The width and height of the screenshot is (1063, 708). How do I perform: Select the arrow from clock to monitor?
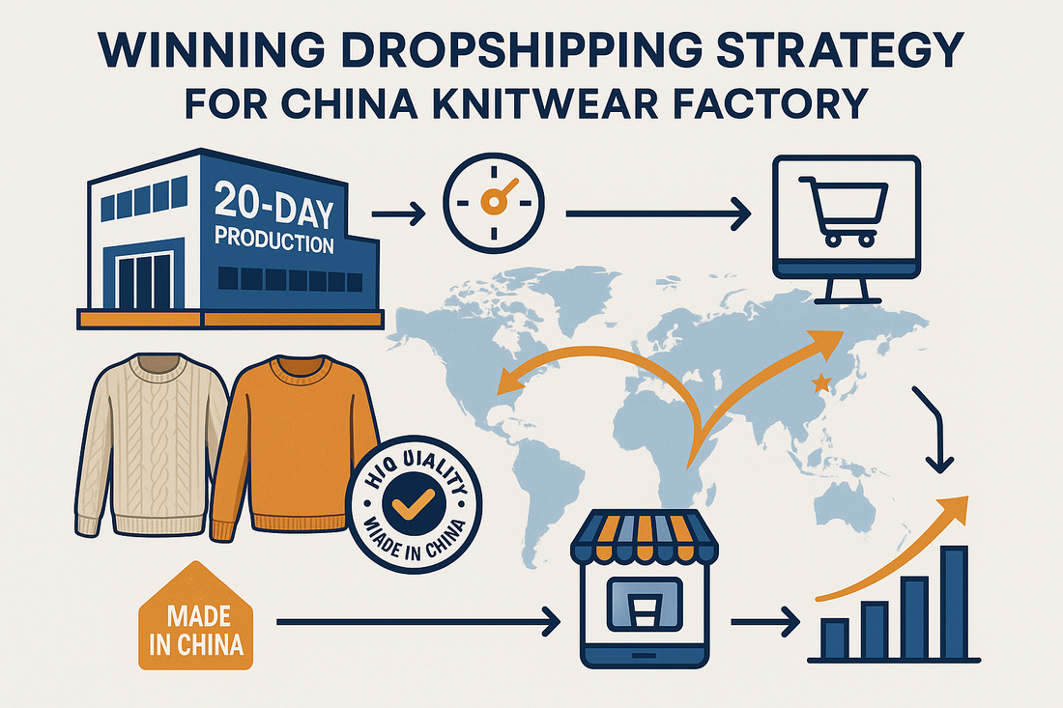click(657, 212)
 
